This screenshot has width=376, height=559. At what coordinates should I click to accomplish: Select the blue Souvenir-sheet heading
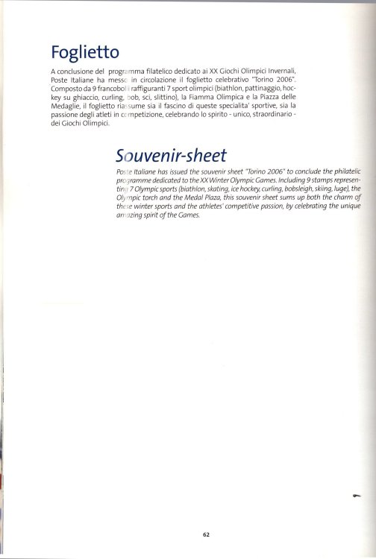click(172, 155)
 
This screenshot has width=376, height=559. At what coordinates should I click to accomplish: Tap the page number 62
click(206, 534)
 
